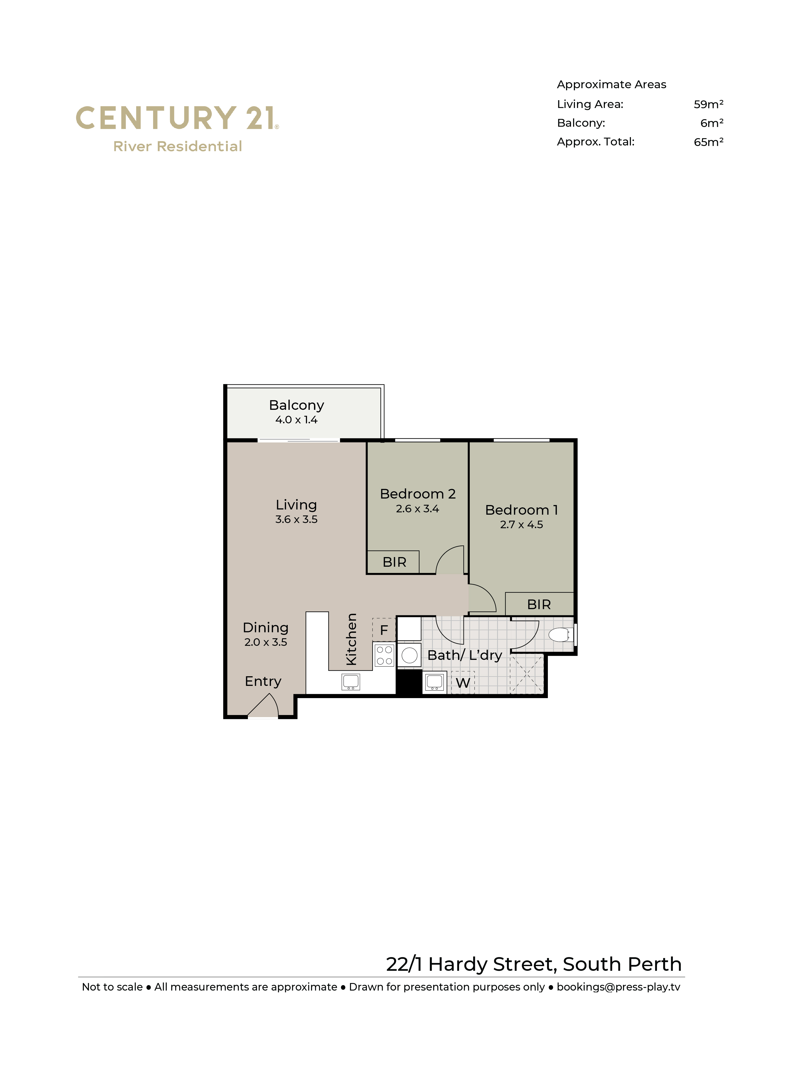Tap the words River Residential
click(x=178, y=146)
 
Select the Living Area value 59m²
click(x=709, y=104)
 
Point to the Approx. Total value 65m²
click(x=709, y=142)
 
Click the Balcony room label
click(x=296, y=405)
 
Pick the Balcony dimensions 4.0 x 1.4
click(x=296, y=420)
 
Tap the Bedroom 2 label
click(x=417, y=494)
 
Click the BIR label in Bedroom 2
click(x=394, y=562)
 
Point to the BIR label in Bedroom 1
click(x=539, y=605)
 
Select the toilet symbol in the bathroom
click(x=561, y=634)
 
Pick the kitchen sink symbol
click(x=350, y=681)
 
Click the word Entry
click(x=263, y=681)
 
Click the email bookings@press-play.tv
click(x=618, y=987)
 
